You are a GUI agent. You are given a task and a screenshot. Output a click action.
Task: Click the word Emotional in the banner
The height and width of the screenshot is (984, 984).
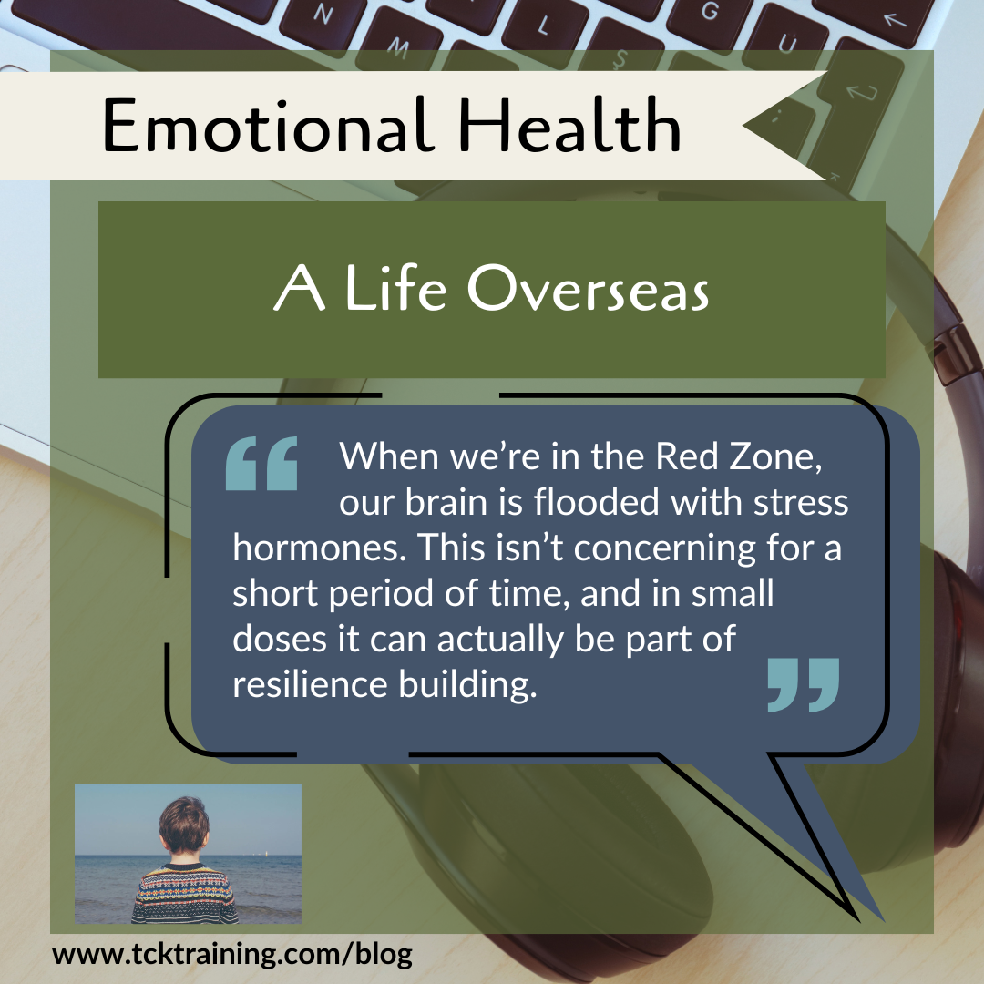[268, 125]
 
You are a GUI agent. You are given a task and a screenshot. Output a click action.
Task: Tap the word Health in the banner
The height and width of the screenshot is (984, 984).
[570, 125]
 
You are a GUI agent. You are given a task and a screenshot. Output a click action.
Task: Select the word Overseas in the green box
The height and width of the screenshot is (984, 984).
[588, 289]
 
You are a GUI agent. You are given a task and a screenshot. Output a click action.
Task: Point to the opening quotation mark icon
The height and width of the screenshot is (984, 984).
[261, 463]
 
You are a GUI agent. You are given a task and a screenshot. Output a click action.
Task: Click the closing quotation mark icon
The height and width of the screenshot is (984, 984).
[804, 684]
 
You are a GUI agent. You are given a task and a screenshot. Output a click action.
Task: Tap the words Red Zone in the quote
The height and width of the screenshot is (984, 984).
[738, 456]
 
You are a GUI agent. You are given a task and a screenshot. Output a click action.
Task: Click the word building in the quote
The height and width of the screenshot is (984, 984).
[468, 684]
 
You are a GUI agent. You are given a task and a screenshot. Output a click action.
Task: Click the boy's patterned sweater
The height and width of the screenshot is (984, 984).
[184, 893]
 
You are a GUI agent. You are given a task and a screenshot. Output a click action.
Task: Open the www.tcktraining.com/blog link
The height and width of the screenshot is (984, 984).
[232, 954]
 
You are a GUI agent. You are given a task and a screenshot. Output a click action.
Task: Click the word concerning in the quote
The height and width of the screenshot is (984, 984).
[665, 548]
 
